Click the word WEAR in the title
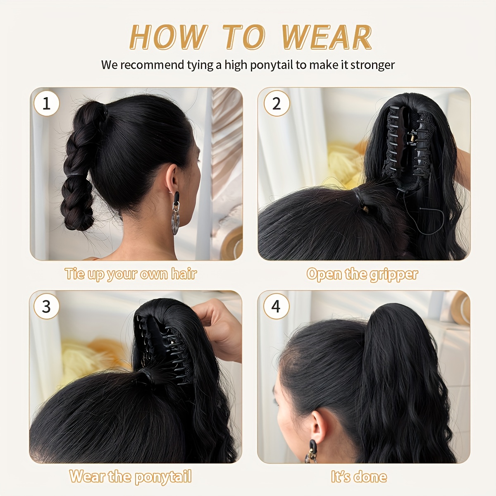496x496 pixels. click(x=327, y=37)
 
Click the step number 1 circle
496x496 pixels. click(x=46, y=103)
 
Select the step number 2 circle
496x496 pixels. click(x=276, y=103)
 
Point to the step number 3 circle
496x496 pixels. click(x=46, y=306)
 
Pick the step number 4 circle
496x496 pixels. click(x=276, y=306)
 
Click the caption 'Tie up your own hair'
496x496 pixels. click(x=131, y=274)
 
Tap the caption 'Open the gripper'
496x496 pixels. click(x=362, y=274)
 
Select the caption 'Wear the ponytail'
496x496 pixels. click(x=131, y=477)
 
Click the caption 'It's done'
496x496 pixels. click(x=359, y=477)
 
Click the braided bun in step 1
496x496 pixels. click(x=79, y=165)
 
